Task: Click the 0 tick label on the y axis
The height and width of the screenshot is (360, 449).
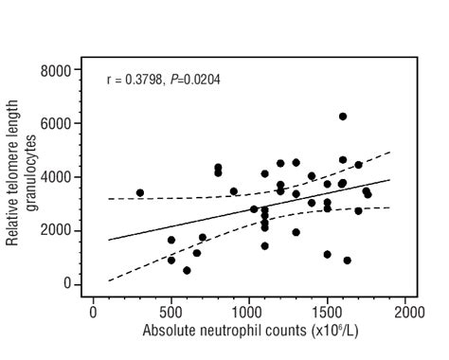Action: tap(67, 284)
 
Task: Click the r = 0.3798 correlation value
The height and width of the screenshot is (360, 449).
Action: tap(136, 80)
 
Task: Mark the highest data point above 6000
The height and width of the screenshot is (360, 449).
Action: tap(343, 117)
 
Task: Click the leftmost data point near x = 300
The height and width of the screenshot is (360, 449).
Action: tap(140, 193)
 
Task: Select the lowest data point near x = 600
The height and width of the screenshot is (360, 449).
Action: tap(187, 270)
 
